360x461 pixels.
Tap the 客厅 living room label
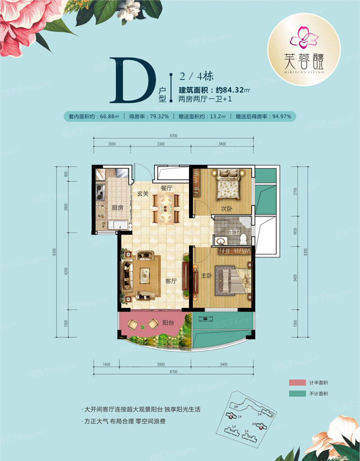171,281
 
